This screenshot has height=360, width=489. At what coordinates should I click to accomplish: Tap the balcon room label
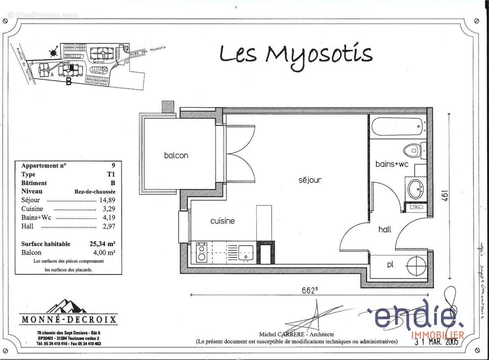(176, 155)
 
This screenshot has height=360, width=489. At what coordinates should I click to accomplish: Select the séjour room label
(310, 180)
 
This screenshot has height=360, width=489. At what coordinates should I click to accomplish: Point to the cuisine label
(222, 221)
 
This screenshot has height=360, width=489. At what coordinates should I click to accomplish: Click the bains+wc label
(392, 164)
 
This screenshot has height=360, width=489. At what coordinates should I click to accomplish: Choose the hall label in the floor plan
(385, 229)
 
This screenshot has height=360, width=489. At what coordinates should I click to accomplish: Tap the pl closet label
(390, 265)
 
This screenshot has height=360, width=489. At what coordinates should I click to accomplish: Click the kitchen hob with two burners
(201, 252)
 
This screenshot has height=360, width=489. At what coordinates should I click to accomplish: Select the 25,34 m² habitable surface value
(102, 244)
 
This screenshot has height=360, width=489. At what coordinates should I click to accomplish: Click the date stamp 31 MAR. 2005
(436, 342)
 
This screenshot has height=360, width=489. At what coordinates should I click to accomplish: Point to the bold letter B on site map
(68, 81)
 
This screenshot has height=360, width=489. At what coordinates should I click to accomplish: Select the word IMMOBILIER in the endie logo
(438, 334)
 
